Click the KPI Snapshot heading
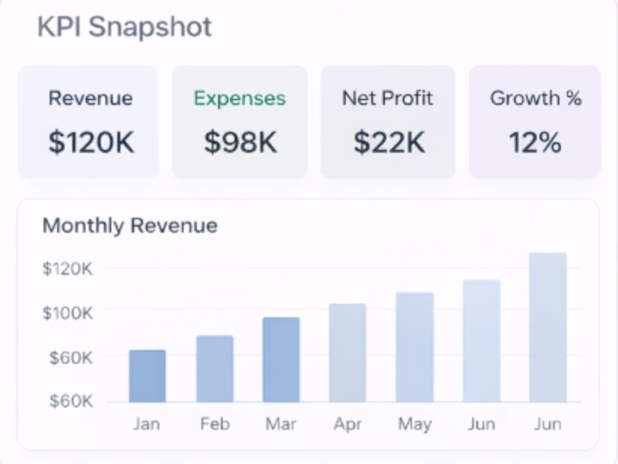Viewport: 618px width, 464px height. pos(124,28)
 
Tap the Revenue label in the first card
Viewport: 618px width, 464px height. pos(90,99)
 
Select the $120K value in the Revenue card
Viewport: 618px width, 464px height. pos(90,142)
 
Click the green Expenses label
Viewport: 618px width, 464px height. pos(239,99)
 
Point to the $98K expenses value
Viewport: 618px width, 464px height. pos(240,142)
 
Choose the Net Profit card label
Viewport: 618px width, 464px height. pos(388,99)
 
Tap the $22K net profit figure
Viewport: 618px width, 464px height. pos(389,142)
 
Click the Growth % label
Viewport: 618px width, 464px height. pos(535,99)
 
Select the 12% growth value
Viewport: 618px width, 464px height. pos(535,142)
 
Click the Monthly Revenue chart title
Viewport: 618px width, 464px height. pos(130,226)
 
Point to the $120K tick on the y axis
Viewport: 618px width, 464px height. pos(68,269)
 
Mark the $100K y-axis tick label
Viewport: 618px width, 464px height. pos(68,313)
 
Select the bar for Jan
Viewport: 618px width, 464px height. pos(147,377)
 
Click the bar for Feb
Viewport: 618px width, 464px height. pos(214,369)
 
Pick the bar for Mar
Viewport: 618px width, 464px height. pos(281,360)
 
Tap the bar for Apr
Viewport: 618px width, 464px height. pos(348,353)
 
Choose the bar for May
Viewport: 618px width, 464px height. pos(415,348)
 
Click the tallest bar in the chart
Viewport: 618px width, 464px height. pos(548,328)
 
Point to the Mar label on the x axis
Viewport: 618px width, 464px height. pos(281,425)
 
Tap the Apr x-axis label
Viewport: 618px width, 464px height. pos(348,425)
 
